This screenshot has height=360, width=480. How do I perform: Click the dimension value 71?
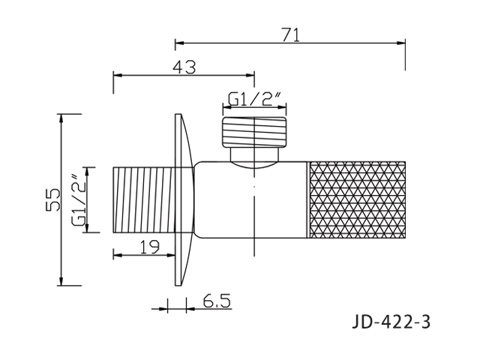pos(291,34)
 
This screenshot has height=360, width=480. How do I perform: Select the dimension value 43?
pos(184,67)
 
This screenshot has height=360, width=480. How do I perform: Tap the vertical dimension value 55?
pos(53,199)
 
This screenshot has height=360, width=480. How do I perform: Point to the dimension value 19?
pos(150,247)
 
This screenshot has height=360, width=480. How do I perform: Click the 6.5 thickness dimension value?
pos(217,301)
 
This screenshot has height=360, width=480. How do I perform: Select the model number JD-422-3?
pos(391,322)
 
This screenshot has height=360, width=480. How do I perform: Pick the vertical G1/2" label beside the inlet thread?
pos(78,200)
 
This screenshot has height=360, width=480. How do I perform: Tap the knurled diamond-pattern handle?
pos(358,199)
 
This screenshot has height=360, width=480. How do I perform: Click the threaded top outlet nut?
pos(255,131)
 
